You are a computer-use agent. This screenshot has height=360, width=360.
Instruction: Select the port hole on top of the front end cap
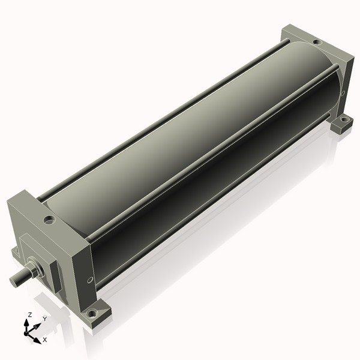pos(47,219)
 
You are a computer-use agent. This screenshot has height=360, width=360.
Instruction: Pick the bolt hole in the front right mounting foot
pos(91,313)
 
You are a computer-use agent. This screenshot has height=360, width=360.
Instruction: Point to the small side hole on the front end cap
pos(90,279)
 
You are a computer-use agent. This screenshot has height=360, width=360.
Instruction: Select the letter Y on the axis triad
pos(44,319)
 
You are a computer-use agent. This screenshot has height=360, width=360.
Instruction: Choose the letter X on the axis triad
pos(45,340)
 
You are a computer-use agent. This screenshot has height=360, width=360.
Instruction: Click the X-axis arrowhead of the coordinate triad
pos(37,338)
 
